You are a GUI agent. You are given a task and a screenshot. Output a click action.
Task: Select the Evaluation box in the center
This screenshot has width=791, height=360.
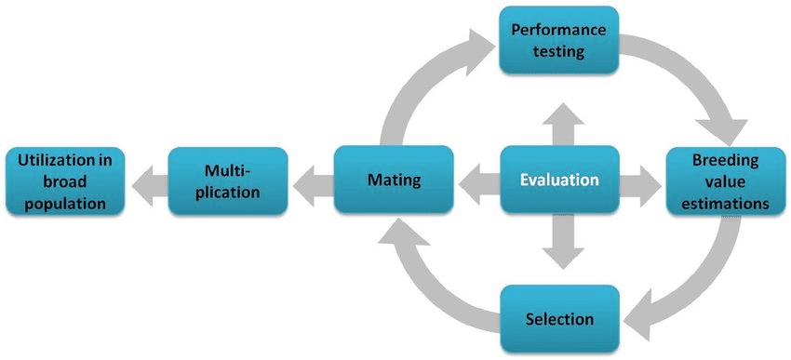tap(559, 180)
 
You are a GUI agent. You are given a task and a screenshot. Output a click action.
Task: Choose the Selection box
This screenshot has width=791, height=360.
tap(559, 319)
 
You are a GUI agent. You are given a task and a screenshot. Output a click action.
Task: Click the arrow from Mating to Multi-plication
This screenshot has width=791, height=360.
tap(310, 180)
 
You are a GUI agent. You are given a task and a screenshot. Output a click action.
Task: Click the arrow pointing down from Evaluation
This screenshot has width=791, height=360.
tap(559, 239)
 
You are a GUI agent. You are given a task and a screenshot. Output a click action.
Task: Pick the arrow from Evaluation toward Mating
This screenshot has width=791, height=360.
tap(476, 180)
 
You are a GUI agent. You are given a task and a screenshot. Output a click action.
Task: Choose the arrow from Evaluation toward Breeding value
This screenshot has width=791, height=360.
tap(640, 180)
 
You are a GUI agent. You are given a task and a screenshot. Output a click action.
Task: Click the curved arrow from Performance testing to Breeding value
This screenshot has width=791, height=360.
tap(693, 79)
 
